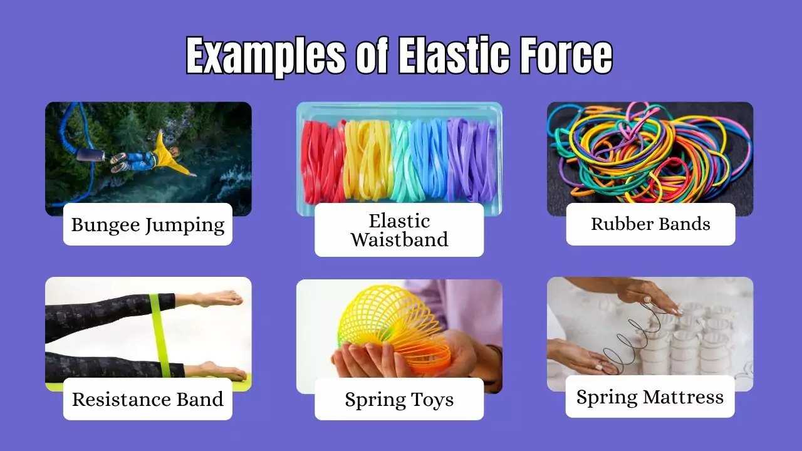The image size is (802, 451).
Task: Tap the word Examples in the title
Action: pos(266,56)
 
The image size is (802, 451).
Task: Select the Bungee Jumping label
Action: pos(148,225)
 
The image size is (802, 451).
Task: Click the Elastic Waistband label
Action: pos(399,230)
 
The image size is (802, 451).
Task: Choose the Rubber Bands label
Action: pos(650,224)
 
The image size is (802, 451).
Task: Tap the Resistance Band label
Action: pos(148,399)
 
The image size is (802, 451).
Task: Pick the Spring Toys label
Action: pos(399,400)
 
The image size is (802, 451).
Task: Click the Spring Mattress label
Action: pos(650,397)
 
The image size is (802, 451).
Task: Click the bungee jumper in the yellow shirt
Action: pos(157,157)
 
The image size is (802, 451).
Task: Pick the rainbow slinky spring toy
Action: pos(392,326)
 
